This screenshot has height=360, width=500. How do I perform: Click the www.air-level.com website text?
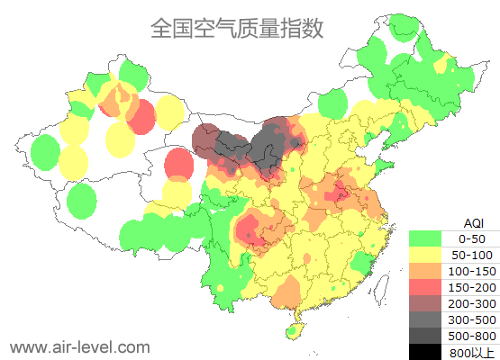pos(79,346)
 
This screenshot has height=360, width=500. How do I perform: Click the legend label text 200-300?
pos(472,303)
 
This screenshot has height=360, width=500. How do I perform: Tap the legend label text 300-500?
pos(472,319)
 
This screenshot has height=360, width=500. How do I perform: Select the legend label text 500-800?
pos(472,336)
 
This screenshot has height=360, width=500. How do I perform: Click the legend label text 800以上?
pos(472,352)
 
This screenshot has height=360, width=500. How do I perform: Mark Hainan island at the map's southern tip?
pos(294,332)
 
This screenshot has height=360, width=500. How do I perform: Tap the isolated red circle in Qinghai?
pos(179,164)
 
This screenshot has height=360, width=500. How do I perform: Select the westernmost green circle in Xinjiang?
pos(43,154)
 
